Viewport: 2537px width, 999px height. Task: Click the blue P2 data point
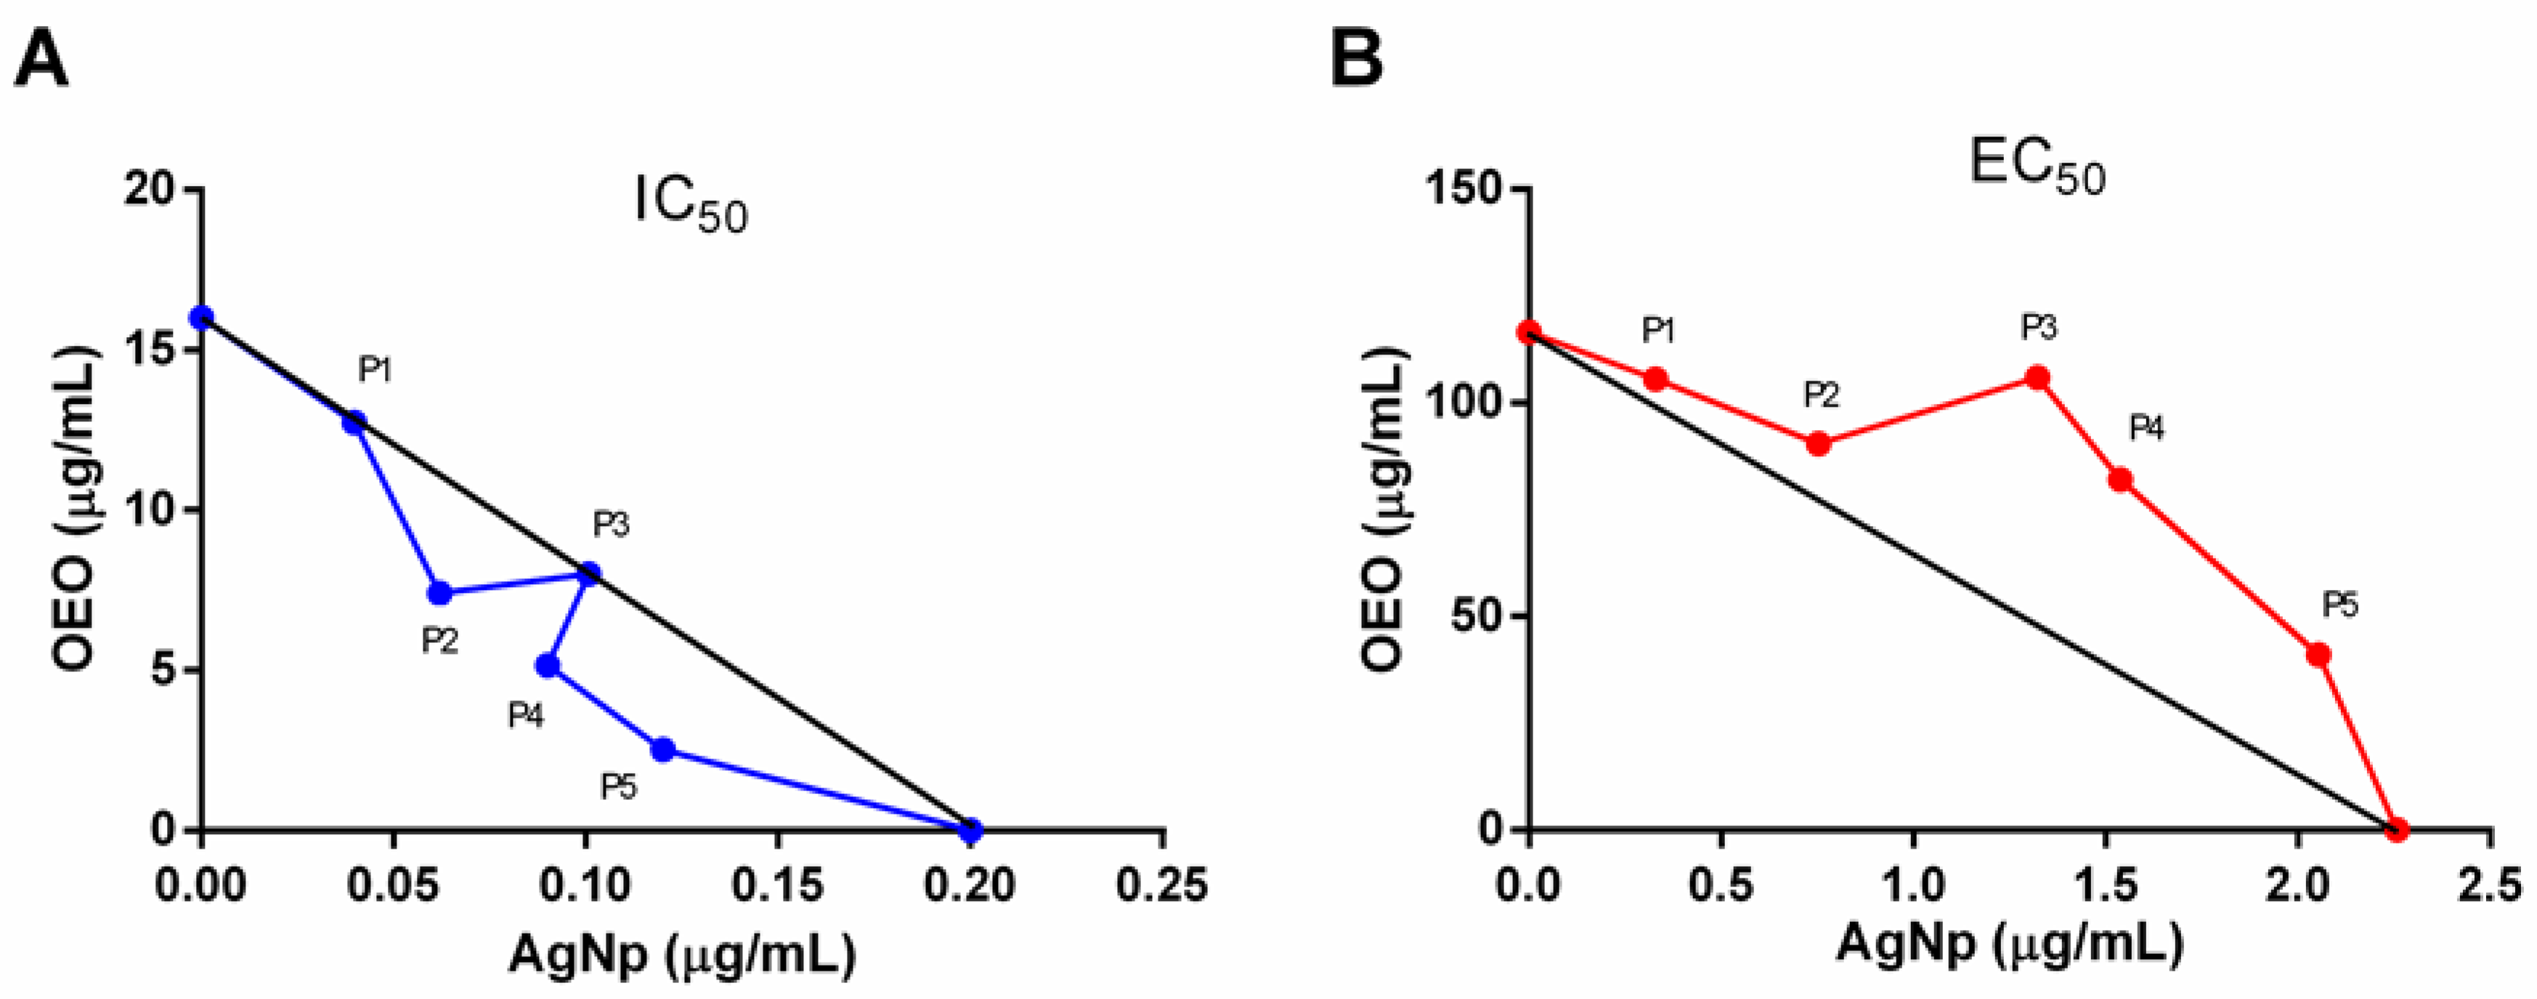pos(439,593)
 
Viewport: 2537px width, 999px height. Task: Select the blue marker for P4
pos(548,666)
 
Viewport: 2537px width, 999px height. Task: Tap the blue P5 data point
pos(663,750)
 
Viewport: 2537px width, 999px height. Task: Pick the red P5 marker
pos(2318,654)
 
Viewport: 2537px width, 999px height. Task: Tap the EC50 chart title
pos(2037,168)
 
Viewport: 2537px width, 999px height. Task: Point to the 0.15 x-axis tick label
pos(777,885)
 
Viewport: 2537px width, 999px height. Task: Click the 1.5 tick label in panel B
pos(2106,885)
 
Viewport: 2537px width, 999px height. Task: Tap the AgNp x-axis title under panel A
pos(681,954)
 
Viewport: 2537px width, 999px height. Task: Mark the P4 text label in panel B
pos(2147,429)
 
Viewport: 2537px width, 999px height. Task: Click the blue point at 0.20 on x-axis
pos(970,830)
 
